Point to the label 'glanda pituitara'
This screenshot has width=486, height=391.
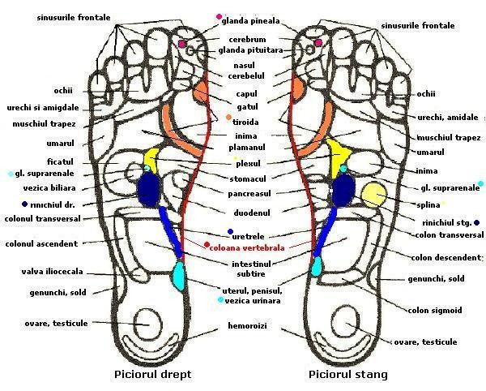251,50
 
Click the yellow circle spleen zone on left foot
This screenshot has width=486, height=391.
373,195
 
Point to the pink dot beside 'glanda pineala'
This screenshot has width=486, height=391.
219,16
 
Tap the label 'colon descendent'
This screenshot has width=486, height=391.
444,259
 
